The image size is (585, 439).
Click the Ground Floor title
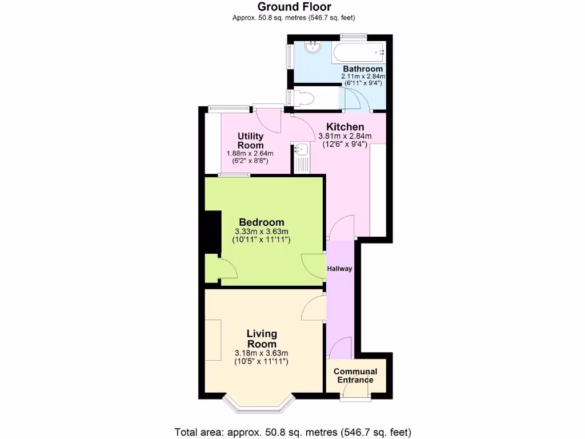tap(294, 7)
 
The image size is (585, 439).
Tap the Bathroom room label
tap(363, 69)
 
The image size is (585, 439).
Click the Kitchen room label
tap(344, 127)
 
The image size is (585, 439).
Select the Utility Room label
tap(250, 141)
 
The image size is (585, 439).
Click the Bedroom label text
tap(261, 222)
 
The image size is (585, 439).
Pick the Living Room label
tap(262, 338)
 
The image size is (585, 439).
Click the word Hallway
tap(339, 269)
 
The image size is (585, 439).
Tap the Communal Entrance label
tap(355, 376)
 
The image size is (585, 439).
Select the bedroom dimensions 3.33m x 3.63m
tap(261, 232)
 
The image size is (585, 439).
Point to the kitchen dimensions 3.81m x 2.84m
tap(344, 136)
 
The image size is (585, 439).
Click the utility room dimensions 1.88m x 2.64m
tap(250, 153)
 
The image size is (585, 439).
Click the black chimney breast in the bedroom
tap(213, 232)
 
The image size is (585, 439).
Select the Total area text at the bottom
tap(292, 432)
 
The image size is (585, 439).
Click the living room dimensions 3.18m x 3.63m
tap(261, 353)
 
